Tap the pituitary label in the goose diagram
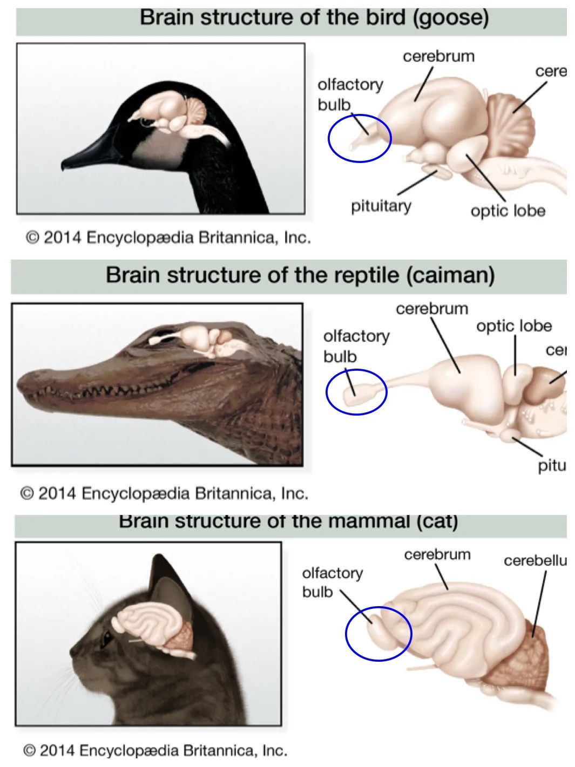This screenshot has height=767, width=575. (x=381, y=206)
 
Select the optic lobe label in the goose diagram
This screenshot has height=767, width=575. (x=508, y=211)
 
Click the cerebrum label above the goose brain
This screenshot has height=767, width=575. (x=438, y=56)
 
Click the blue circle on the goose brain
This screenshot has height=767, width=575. (x=359, y=138)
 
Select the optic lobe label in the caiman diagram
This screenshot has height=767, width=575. (x=514, y=325)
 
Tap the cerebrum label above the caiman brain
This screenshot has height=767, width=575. (x=432, y=309)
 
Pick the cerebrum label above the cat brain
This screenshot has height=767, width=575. (x=437, y=554)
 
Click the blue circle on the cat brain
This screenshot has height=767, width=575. (x=378, y=633)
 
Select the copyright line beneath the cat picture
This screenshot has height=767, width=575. (x=155, y=750)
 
